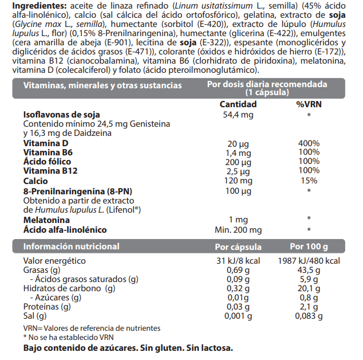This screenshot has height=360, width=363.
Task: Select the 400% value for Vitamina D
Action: point(309,143)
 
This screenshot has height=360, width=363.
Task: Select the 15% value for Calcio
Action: point(309,181)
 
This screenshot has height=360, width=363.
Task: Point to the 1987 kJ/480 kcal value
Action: point(309,261)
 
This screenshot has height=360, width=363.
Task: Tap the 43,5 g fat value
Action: point(309,270)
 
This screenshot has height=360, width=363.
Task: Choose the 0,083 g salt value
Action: point(309,316)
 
